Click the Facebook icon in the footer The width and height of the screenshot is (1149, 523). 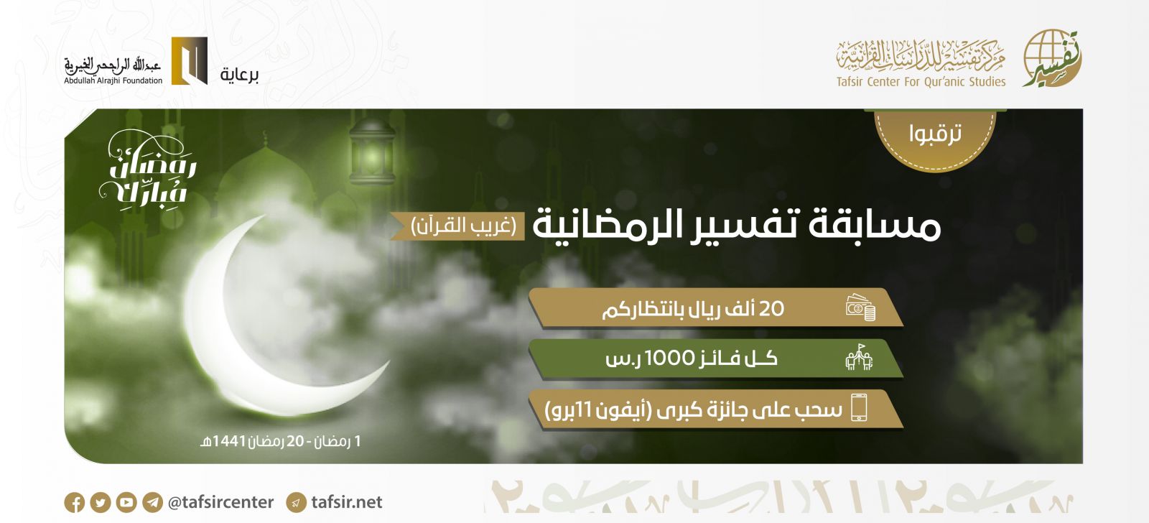[x=75, y=502]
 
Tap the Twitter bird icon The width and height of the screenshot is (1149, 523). [x=101, y=502]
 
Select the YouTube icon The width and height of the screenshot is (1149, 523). [x=126, y=502]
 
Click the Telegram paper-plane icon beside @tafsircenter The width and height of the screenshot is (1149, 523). [x=152, y=502]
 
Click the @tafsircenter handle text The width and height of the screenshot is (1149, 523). [x=220, y=502]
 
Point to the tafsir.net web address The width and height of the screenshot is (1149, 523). [x=347, y=502]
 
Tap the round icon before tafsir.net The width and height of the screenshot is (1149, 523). [x=296, y=502]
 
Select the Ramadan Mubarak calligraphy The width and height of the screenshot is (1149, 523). [x=148, y=172]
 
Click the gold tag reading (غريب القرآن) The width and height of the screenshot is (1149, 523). [x=458, y=226]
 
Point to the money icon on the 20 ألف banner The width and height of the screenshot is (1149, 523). [x=861, y=307]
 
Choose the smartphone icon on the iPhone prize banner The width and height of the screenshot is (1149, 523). [x=859, y=407]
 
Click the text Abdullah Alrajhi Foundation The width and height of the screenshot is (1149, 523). [x=113, y=80]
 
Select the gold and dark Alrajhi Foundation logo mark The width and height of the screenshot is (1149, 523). [x=190, y=60]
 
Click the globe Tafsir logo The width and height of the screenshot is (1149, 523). [x=1051, y=58]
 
